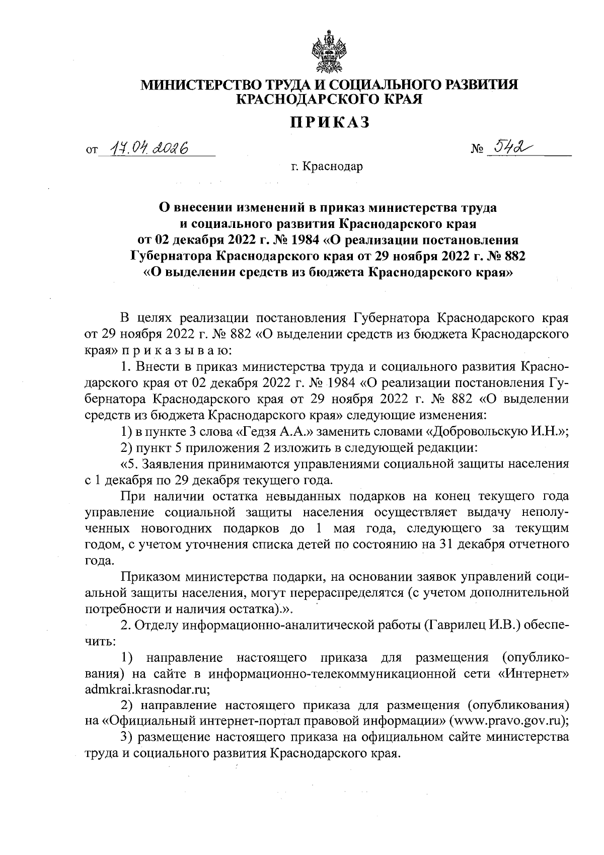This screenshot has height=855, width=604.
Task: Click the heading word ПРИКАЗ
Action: point(329,122)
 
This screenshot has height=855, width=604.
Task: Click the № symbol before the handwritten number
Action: point(476,150)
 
